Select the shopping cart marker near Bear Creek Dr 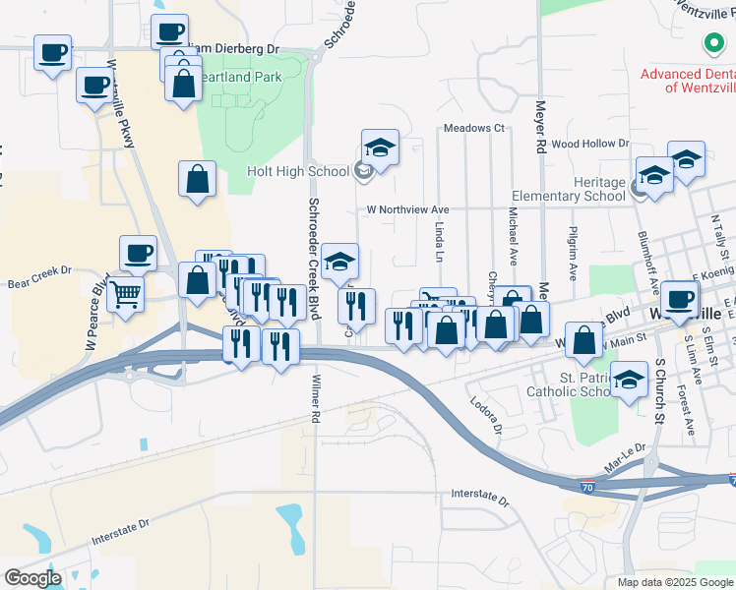tap(126, 293)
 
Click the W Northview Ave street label tap(407, 209)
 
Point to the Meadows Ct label tap(473, 128)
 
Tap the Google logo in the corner tap(31, 577)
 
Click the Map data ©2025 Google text tap(675, 582)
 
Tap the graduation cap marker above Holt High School tap(379, 148)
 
